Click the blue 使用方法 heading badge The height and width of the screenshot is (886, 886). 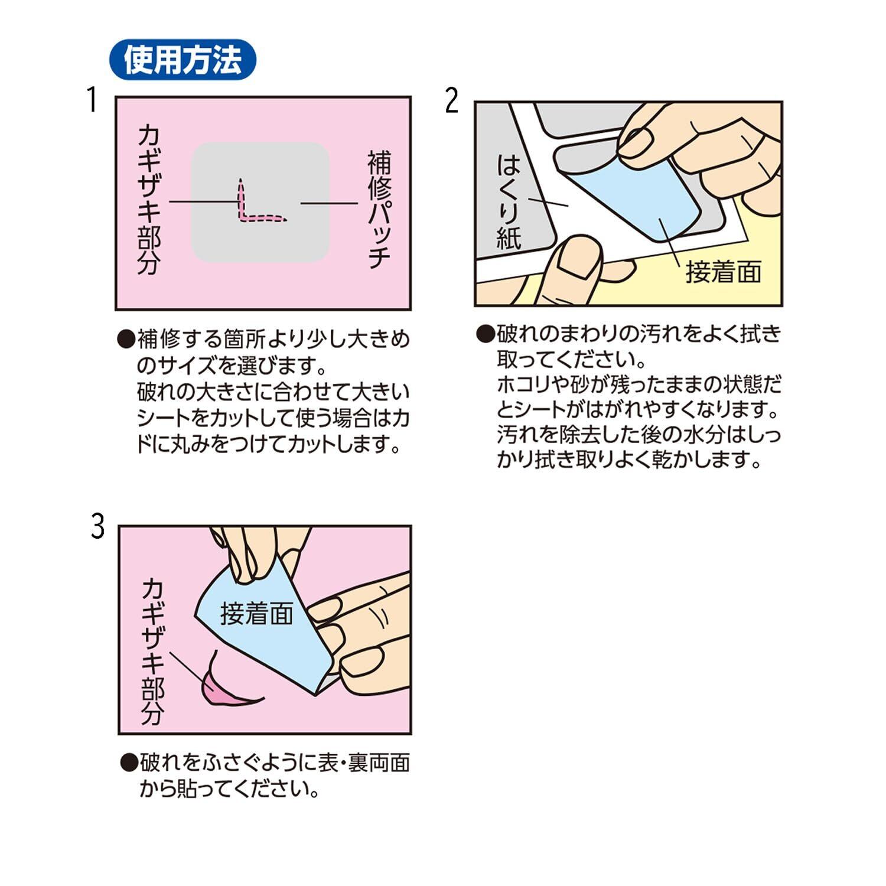click(x=183, y=60)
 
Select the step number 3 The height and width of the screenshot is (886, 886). click(x=97, y=526)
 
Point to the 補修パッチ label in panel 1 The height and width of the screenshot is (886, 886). click(x=379, y=209)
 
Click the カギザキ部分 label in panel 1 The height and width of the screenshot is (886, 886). click(x=149, y=200)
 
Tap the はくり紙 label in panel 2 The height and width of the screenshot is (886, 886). click(x=509, y=201)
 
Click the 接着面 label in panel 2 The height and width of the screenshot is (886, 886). click(x=723, y=272)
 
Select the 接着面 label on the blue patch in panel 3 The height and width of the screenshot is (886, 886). click(x=257, y=614)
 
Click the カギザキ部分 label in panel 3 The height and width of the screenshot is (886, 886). click(x=152, y=652)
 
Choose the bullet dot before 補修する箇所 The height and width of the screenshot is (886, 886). click(x=126, y=340)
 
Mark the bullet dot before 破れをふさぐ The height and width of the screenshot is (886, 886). click(x=129, y=763)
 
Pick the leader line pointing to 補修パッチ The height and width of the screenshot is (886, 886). click(x=330, y=203)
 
